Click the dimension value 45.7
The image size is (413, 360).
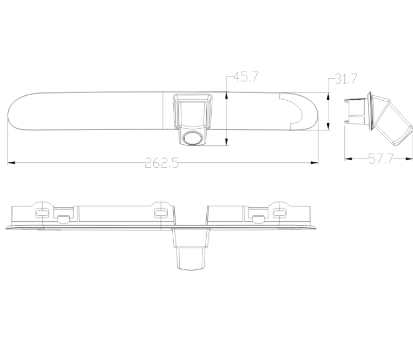[x=245, y=77]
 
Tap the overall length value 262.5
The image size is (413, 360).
[x=161, y=163]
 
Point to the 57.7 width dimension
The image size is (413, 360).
[x=381, y=160]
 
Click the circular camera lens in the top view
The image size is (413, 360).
[x=192, y=138]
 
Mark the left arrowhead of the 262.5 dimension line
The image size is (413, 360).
[x=9, y=162]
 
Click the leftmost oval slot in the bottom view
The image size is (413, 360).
[x=41, y=212]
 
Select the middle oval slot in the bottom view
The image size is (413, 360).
[x=161, y=212]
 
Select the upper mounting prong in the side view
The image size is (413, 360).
[x=348, y=101]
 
